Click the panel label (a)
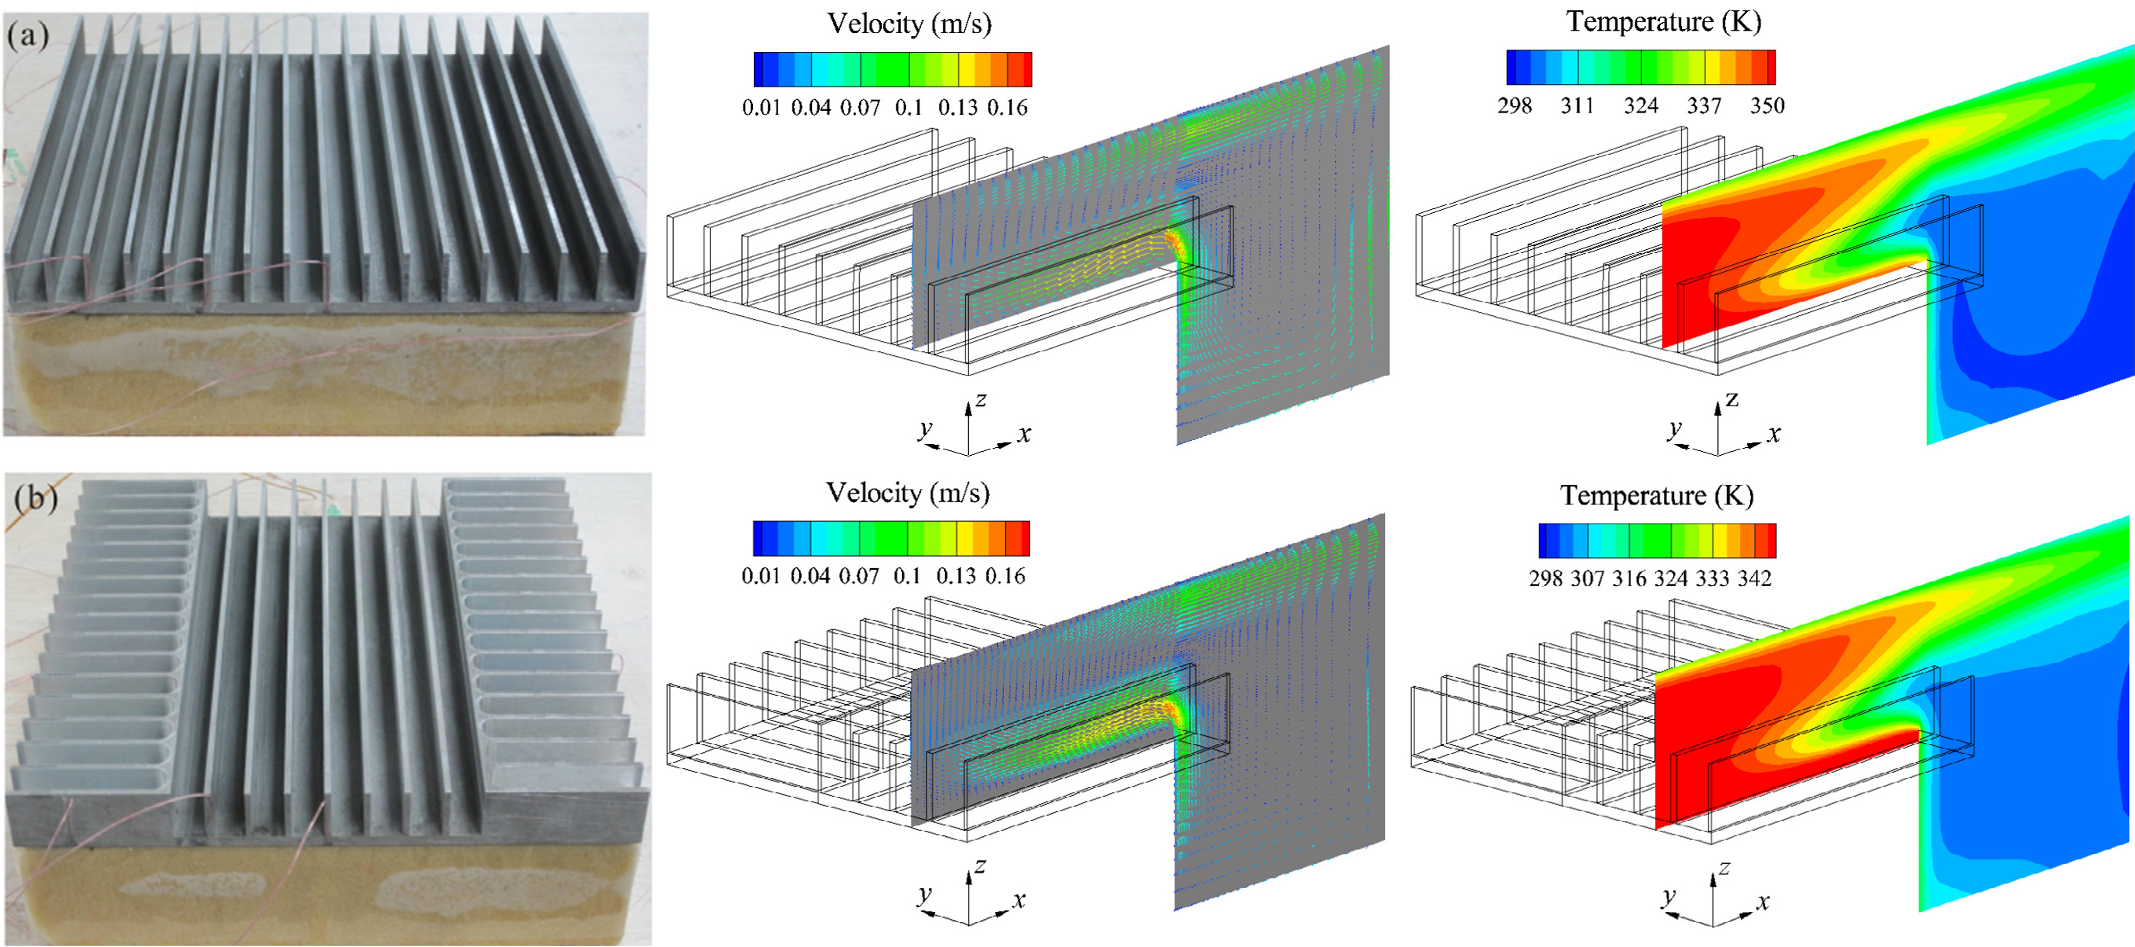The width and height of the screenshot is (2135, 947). (x=27, y=36)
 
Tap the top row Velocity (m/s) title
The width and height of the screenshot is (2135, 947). (x=909, y=24)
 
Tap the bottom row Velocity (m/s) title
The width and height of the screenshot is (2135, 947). (x=908, y=494)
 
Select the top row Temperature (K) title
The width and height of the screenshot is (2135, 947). (x=1663, y=22)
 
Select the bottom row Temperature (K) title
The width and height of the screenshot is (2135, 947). (x=1657, y=496)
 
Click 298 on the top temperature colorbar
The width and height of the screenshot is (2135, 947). (x=1515, y=105)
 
